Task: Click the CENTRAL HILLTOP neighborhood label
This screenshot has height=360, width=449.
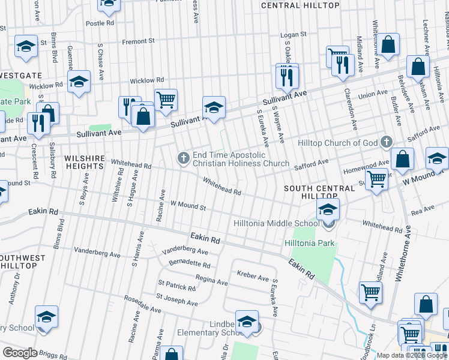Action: pos(300,5)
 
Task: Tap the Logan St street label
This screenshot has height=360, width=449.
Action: pos(295,35)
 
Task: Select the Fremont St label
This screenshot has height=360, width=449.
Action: pos(138,41)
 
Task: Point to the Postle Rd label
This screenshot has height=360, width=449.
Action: pos(100,23)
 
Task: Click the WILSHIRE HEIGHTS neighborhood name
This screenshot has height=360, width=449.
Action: pos(82,162)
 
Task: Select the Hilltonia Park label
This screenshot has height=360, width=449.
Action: pos(310,244)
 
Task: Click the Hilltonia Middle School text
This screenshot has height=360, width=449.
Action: pos(276,224)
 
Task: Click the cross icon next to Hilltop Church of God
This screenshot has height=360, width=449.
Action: pos(386,143)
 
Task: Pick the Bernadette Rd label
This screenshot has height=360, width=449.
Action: pos(189,265)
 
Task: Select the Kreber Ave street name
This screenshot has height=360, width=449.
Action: pos(254,278)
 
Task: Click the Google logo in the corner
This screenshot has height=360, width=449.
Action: pos(20,353)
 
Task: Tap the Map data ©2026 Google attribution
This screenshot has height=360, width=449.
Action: pos(412,355)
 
